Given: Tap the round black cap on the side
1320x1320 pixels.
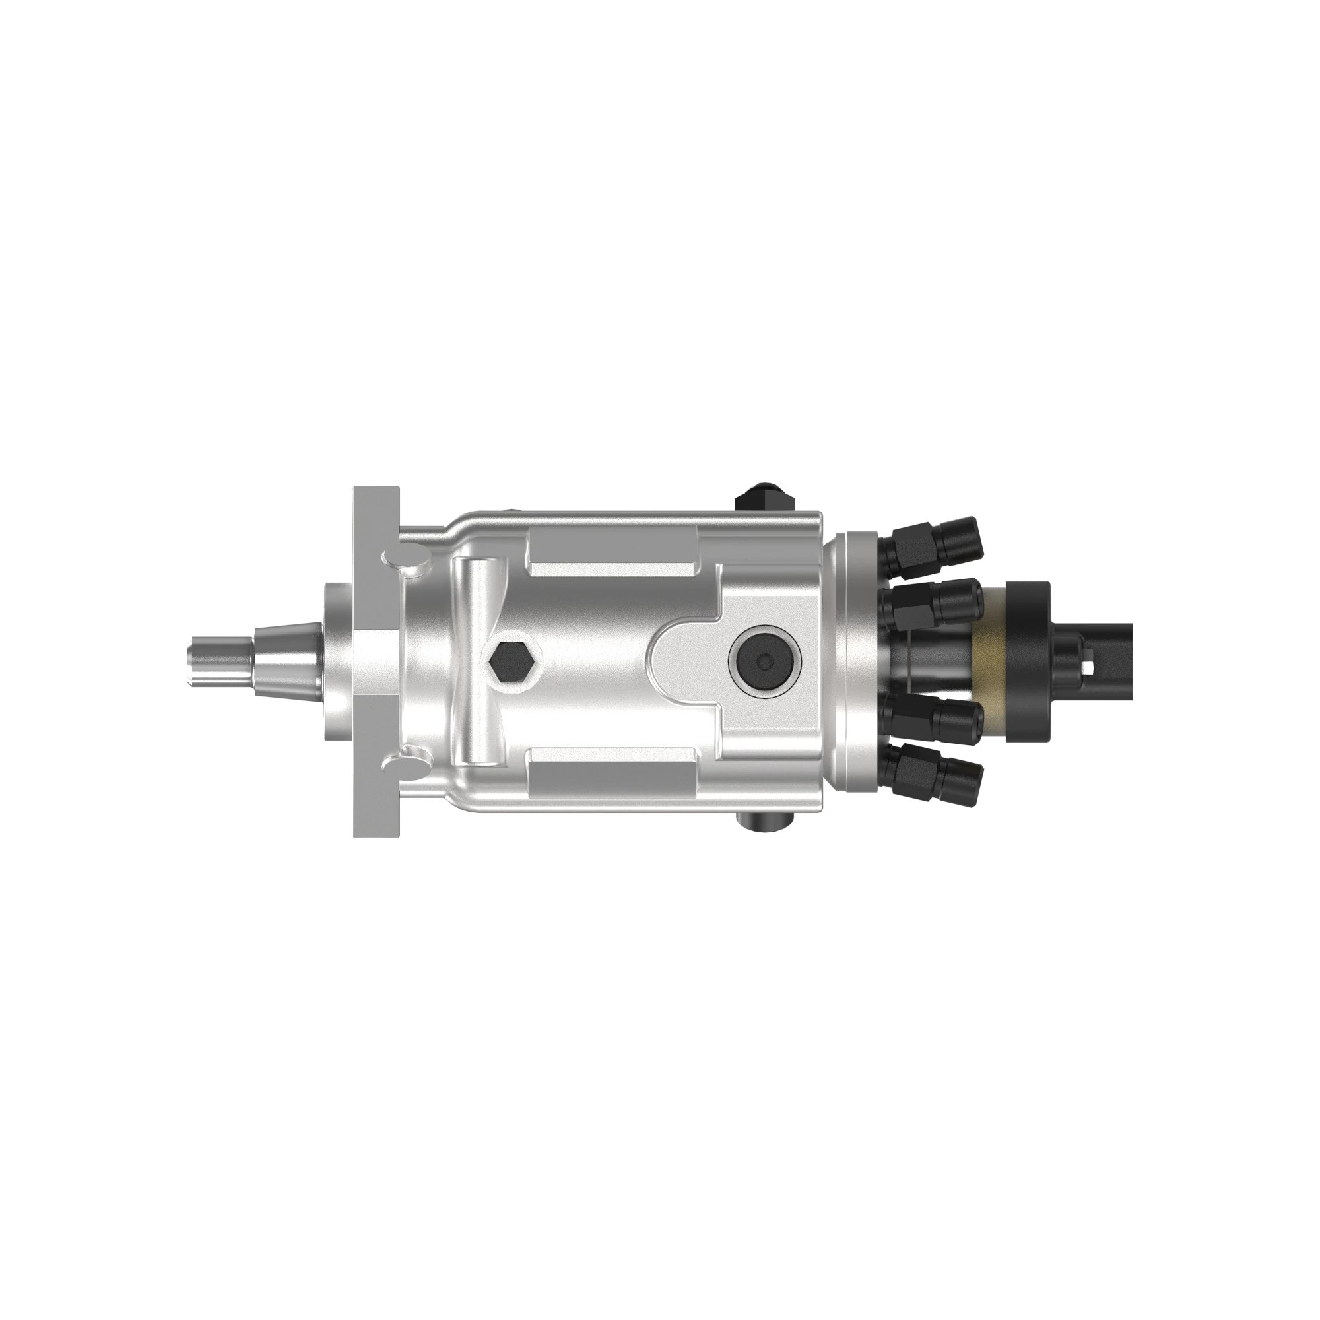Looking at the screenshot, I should [x=764, y=660].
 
